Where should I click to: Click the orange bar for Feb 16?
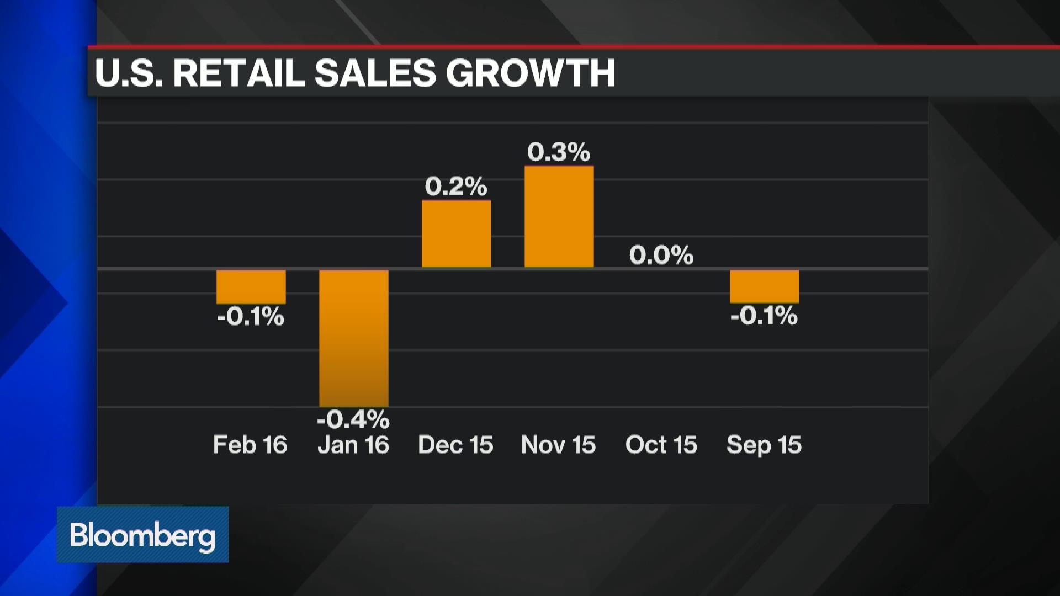tap(251, 286)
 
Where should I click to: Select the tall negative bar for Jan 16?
tap(354, 338)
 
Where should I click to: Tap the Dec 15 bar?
tap(457, 234)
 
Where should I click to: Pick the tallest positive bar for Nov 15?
tap(559, 217)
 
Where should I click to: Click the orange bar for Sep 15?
tap(765, 286)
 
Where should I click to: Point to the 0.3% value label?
tap(559, 152)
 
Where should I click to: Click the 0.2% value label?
tap(456, 187)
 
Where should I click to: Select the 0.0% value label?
tap(661, 255)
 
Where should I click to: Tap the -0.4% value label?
tap(353, 419)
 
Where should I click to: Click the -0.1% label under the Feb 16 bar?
tap(251, 317)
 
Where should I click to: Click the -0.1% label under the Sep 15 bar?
tap(764, 316)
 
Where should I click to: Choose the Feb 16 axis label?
tap(250, 445)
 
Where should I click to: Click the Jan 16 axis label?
tap(353, 445)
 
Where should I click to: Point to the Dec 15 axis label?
tap(455, 445)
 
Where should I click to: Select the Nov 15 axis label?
tap(558, 445)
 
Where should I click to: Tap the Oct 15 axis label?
tap(661, 445)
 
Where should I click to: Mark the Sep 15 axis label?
tap(764, 445)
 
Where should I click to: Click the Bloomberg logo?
tap(142, 535)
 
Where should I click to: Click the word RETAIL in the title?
tap(239, 73)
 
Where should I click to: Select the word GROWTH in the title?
tap(531, 73)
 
